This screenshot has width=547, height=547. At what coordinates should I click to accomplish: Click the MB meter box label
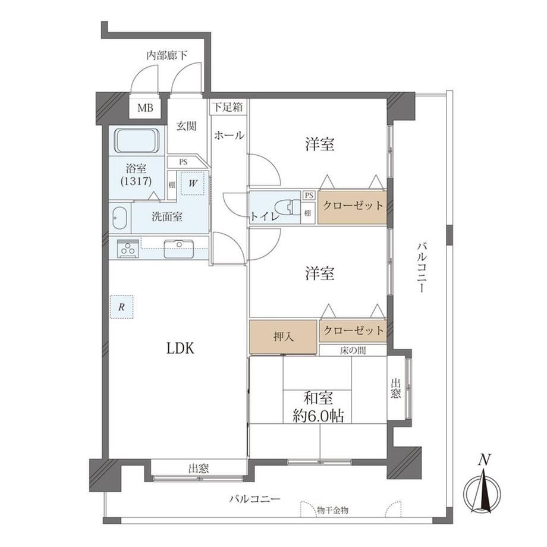pos(145,108)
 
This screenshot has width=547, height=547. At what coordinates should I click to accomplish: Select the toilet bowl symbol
pos(288,208)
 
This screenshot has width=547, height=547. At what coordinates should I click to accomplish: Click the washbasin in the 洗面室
pos(120,218)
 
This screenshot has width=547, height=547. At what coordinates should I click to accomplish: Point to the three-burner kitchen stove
pos(127,249)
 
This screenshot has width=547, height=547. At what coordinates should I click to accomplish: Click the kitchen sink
pos(179,248)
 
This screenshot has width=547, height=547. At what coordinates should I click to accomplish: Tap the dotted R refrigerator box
pos(121,307)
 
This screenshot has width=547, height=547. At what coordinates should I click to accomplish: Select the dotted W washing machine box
pos(192,184)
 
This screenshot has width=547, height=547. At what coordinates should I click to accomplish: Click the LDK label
pos(180,348)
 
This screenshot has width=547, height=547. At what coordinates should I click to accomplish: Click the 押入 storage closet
pos(283,337)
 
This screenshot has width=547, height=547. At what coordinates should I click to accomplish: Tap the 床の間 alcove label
pos(353,350)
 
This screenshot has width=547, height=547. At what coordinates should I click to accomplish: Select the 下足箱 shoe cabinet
pos(228,107)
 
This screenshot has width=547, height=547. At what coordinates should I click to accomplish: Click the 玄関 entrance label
pos(186,126)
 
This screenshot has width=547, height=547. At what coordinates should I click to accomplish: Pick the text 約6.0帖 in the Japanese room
pos(318,416)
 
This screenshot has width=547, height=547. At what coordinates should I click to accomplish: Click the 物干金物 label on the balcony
pos(332,510)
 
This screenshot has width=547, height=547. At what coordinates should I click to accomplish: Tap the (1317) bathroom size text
pos(136,181)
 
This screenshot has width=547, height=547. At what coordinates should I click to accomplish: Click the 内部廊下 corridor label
pos(166,55)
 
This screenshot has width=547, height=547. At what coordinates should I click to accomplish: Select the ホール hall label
pos(229,136)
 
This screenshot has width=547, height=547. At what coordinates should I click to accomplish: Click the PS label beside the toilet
pos(309,195)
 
